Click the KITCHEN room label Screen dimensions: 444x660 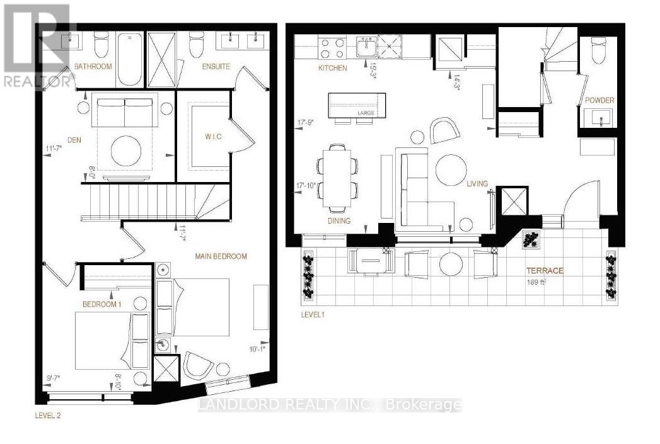point(332,67)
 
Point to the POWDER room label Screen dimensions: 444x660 point(599,100)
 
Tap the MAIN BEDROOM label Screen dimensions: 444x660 point(221,256)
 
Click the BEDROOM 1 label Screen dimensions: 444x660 point(102,304)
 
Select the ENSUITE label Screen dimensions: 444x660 point(216,66)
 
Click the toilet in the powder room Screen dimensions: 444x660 point(598,50)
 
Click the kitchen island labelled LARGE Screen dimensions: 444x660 point(356,103)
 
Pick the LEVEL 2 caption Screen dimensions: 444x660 point(48,416)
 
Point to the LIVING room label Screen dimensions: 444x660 point(477,183)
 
